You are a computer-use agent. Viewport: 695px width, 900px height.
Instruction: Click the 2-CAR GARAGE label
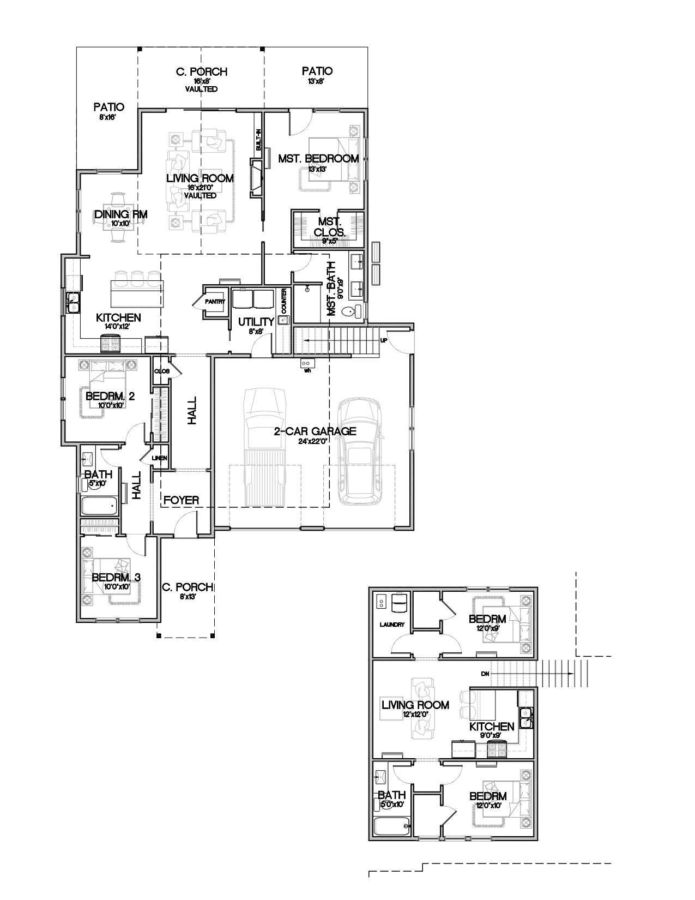click(x=315, y=431)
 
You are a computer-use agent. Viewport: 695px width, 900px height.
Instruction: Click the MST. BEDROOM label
click(x=318, y=159)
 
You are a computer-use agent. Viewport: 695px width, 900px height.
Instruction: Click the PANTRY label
click(x=215, y=301)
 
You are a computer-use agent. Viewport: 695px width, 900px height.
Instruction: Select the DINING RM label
click(x=120, y=214)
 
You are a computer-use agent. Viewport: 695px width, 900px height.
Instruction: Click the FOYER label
click(x=182, y=500)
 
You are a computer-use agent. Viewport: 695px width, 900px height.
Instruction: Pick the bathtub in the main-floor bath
click(x=100, y=506)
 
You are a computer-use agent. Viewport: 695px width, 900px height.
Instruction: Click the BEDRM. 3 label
click(x=116, y=578)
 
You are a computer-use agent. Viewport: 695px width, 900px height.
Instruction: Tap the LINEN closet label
click(x=160, y=458)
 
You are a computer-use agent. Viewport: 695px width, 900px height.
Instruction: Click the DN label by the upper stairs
click(x=485, y=674)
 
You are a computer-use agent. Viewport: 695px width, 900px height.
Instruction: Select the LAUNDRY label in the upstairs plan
click(x=392, y=625)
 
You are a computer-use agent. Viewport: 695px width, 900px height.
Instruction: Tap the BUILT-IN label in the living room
click(x=259, y=140)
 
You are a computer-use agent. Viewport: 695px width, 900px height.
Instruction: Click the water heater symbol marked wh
click(x=306, y=363)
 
